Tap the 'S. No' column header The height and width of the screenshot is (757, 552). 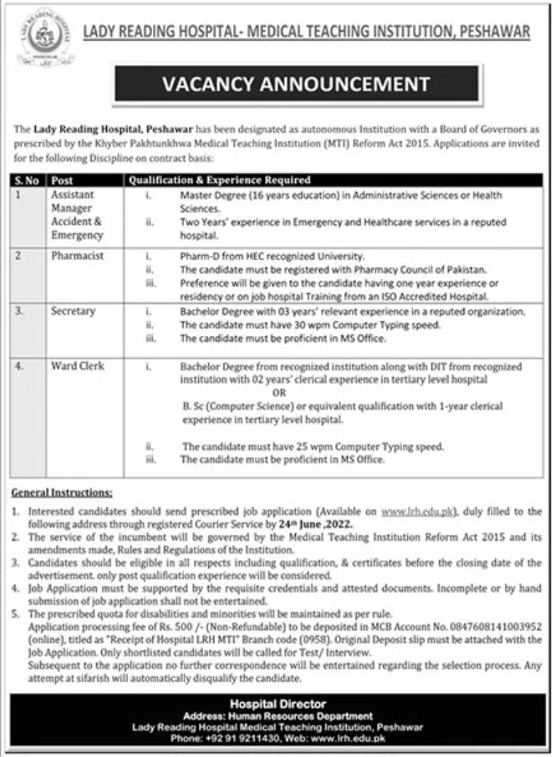click(x=28, y=179)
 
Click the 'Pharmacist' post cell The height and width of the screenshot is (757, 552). click(x=76, y=256)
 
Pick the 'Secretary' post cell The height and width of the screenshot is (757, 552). click(x=73, y=311)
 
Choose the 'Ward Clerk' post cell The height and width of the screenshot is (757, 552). click(x=76, y=366)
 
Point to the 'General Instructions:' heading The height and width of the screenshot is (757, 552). click(x=63, y=493)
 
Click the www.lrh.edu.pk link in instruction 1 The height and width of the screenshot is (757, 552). click(x=422, y=512)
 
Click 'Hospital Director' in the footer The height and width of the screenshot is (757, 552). click(x=278, y=704)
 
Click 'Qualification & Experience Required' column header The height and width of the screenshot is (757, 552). click(x=220, y=179)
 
